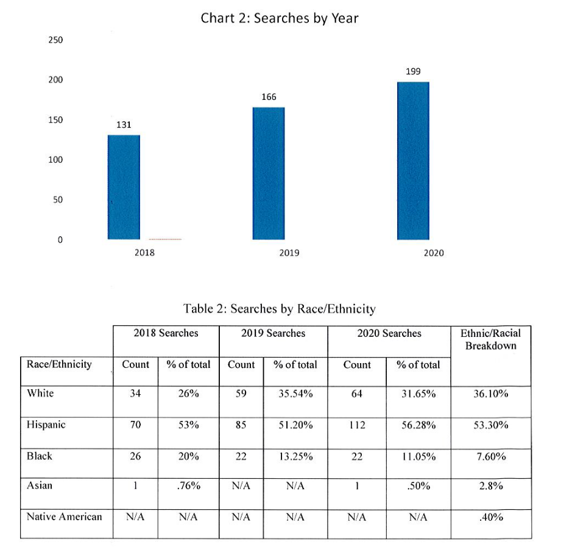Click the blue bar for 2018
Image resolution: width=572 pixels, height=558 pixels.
(x=124, y=187)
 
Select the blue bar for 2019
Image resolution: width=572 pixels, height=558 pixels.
(x=269, y=173)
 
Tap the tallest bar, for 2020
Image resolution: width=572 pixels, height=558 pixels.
(x=413, y=161)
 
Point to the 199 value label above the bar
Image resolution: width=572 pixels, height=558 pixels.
(x=413, y=71)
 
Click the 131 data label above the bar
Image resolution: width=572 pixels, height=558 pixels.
(x=124, y=125)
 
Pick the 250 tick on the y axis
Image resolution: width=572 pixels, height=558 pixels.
(x=55, y=40)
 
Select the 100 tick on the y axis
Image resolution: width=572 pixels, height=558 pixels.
(x=55, y=160)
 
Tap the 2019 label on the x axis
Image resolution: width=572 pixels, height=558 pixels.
(x=289, y=253)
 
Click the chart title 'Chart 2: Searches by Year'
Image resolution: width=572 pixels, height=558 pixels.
(x=280, y=18)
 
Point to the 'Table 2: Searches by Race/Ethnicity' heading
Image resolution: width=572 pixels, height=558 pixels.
(x=280, y=309)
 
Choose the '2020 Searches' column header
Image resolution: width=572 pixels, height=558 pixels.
(x=389, y=333)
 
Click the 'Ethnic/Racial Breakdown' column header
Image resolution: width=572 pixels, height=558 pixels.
(x=490, y=339)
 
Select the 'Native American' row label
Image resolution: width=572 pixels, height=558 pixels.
(x=64, y=517)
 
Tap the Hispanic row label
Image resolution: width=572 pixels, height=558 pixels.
(x=46, y=425)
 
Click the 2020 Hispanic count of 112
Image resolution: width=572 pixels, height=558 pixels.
(x=357, y=425)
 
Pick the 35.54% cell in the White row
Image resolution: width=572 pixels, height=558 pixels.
(x=295, y=394)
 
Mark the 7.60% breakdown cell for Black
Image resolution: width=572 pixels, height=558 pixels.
(x=491, y=457)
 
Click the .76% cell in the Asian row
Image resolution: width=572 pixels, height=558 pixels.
(x=188, y=486)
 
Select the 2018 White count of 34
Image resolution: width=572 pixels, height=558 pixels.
(x=135, y=394)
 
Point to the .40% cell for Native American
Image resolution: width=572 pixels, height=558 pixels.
(x=491, y=517)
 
